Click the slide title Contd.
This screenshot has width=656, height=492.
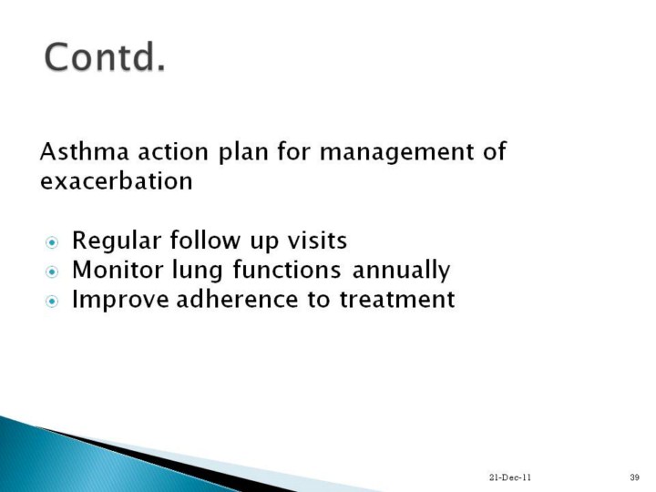[x=105, y=57]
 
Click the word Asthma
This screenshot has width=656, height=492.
[x=84, y=151]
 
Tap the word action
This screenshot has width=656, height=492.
[x=173, y=151]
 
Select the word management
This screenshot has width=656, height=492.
[x=396, y=153]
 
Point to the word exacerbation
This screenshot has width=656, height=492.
[x=117, y=180]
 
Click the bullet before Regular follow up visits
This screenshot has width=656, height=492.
[x=52, y=242]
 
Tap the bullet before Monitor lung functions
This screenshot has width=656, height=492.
[x=52, y=272]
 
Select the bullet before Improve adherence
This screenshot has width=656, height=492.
[x=52, y=302]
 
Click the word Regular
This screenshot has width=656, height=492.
[x=117, y=241]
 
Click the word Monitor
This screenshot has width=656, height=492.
[x=118, y=269]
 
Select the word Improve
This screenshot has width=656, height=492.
[x=120, y=301]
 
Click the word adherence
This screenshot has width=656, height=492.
[x=237, y=299]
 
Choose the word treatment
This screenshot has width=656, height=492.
[x=396, y=300]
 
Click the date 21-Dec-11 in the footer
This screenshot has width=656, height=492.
[x=510, y=477]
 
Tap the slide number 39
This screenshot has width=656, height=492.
[x=635, y=477]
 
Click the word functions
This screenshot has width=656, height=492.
[x=287, y=270]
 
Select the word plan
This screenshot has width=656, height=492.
[x=243, y=153]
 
